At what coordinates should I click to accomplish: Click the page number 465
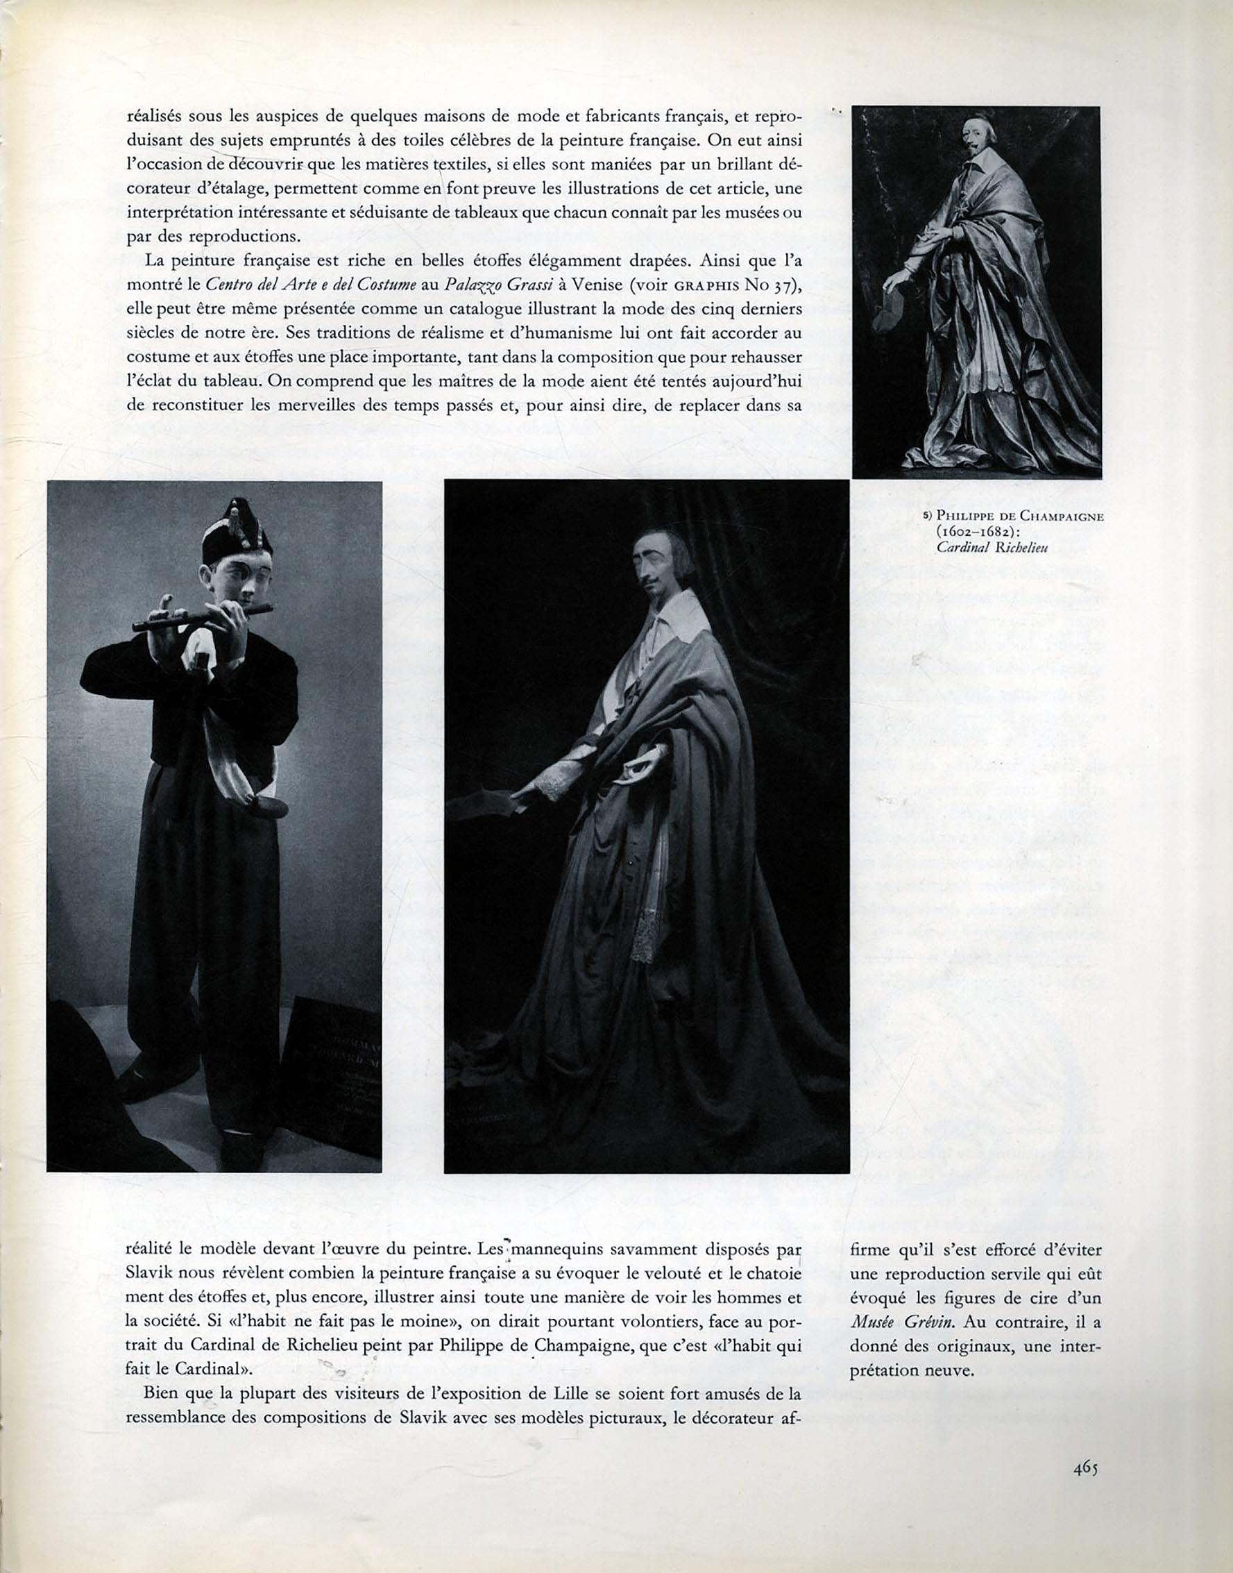pos(1085,1467)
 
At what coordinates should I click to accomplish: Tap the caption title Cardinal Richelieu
pos(992,547)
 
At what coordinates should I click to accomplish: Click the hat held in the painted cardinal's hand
pos(890,310)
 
